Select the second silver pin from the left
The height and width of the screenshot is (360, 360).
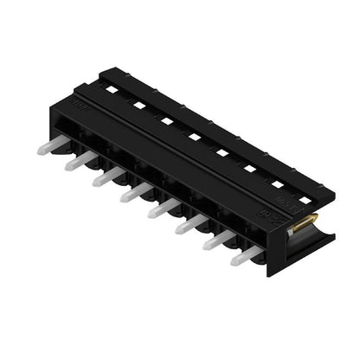(x=76, y=162)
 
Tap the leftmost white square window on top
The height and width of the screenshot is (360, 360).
(x=111, y=89)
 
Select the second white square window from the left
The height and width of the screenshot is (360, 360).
(x=138, y=105)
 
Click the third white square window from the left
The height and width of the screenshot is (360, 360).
(x=166, y=120)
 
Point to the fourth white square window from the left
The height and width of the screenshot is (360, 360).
(x=194, y=136)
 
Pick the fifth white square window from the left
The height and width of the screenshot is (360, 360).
(x=222, y=152)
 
